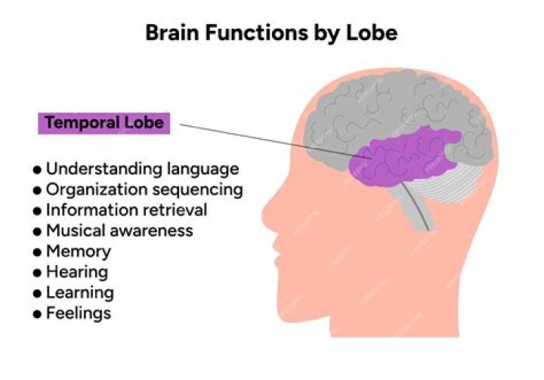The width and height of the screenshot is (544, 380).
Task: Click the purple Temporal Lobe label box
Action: pos(104,123)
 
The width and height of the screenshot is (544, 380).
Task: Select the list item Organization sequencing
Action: pos(144,189)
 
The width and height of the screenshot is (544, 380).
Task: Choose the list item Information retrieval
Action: pos(126,209)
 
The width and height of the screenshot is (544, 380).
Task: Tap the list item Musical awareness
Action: pos(119,230)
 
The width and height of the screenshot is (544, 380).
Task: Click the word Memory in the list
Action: pos(78,251)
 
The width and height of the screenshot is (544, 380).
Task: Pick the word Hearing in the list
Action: pos(76,271)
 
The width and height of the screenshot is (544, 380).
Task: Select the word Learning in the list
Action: pos(79,292)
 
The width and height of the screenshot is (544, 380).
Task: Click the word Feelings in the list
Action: pos(78,312)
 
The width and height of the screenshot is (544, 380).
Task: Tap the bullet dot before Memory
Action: pos(37,252)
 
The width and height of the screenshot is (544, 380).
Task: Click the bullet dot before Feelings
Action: pos(37,313)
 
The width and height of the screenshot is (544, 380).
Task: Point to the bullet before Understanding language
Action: pos(37,169)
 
